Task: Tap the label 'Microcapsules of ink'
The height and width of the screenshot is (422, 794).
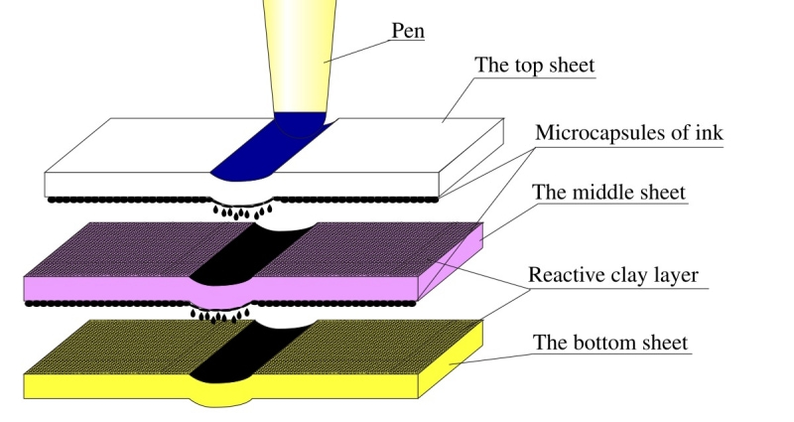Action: (x=628, y=132)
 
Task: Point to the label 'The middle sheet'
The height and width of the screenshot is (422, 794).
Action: (x=608, y=192)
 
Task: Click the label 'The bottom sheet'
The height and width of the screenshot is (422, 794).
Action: (x=610, y=344)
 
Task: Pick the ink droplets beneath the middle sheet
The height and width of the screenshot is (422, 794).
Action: (x=220, y=316)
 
